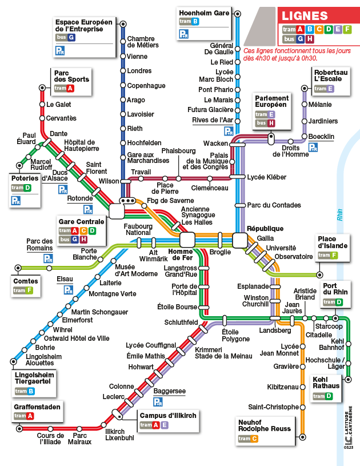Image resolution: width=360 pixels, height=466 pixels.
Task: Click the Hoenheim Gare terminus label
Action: click(x=204, y=12)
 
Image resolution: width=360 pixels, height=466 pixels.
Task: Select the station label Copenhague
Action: click(x=146, y=86)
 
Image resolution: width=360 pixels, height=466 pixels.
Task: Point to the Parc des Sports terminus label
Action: click(x=71, y=76)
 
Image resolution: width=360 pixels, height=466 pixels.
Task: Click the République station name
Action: click(x=265, y=228)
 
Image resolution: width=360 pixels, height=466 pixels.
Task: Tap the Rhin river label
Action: click(x=339, y=216)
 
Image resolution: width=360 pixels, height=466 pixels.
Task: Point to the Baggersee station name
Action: click(x=169, y=391)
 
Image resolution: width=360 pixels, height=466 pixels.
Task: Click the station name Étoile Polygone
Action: click(x=235, y=335)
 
